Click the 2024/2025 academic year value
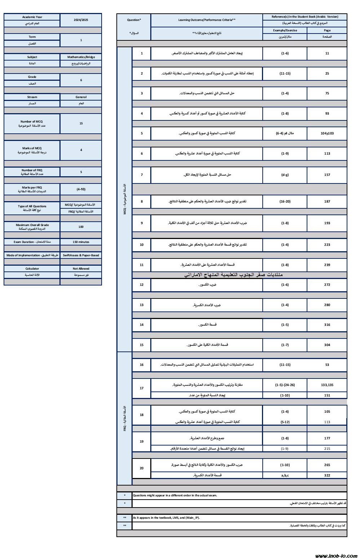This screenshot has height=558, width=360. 81,20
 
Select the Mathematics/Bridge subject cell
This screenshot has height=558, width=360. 81,57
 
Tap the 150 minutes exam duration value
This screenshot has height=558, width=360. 81,242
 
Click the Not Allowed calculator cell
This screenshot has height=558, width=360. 81,269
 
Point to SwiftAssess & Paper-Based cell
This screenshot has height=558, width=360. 81,255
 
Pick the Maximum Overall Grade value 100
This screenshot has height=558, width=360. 81,227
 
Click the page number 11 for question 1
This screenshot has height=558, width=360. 327,53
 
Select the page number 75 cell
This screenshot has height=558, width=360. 327,93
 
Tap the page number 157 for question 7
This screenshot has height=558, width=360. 327,175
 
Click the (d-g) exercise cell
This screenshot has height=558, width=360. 285,175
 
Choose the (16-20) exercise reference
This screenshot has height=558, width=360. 285,201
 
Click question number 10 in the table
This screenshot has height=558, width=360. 142,245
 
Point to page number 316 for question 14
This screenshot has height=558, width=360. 327,325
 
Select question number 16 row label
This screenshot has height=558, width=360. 142,365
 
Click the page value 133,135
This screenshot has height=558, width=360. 327,385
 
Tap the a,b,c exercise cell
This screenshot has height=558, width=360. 285,475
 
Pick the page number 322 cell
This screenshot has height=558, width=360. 327,475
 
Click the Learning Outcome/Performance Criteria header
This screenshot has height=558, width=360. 207,20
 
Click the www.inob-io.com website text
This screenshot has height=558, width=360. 336,555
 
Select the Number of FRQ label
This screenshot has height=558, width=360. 32,170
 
